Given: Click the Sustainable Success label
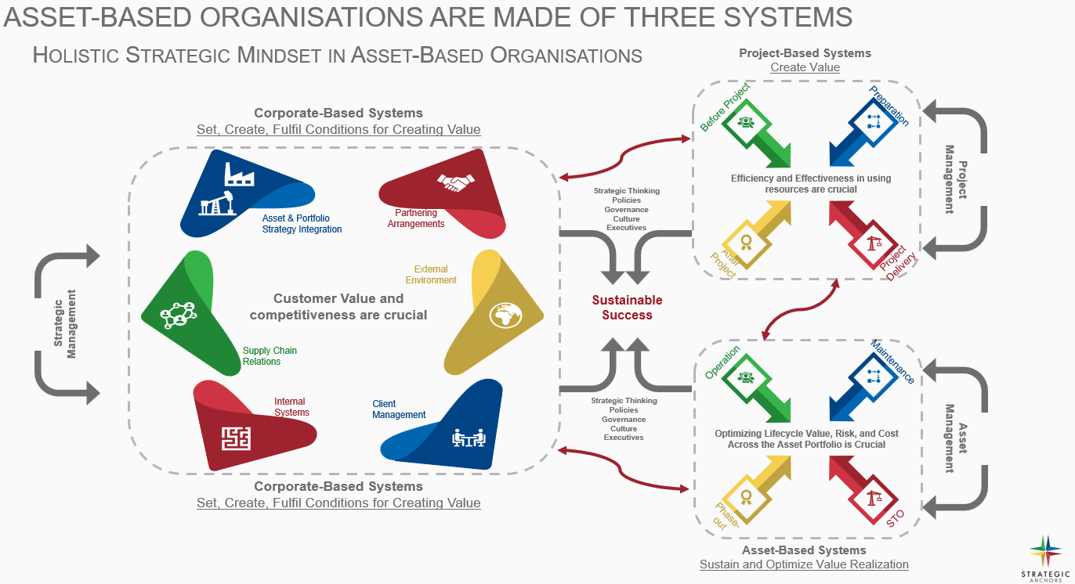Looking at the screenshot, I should pyautogui.click(x=627, y=308).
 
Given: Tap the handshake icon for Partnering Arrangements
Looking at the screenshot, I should pyautogui.click(x=456, y=183).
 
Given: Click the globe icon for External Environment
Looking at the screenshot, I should pyautogui.click(x=505, y=315).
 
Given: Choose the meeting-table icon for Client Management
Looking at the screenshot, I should pyautogui.click(x=469, y=438).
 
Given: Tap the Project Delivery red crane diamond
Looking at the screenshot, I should pyautogui.click(x=872, y=243).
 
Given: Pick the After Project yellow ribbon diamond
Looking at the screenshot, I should pyautogui.click(x=745, y=243).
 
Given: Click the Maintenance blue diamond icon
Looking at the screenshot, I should pyautogui.click(x=872, y=377).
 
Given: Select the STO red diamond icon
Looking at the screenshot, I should pyautogui.click(x=872, y=497).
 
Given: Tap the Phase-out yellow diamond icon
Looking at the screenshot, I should pyautogui.click(x=745, y=497).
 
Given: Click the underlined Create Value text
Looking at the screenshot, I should pyautogui.click(x=805, y=67).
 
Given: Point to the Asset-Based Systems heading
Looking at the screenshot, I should pyautogui.click(x=804, y=550).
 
